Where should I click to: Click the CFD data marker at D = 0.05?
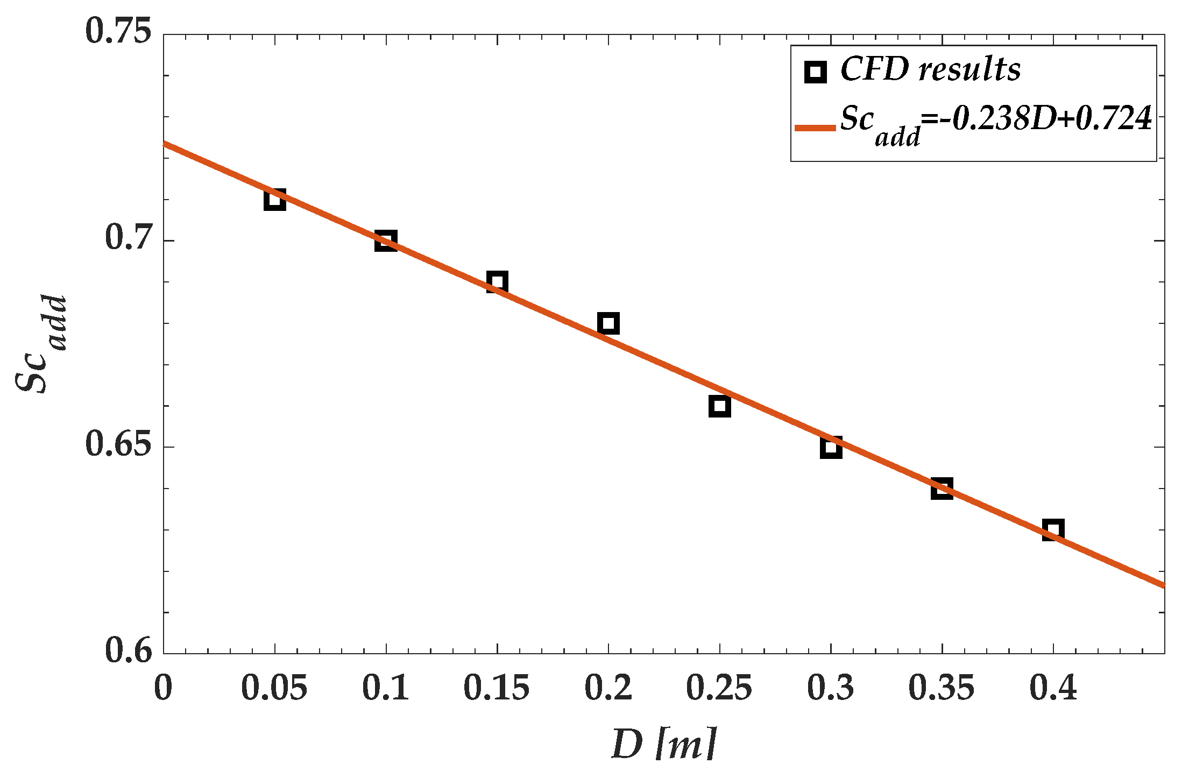click(x=274, y=200)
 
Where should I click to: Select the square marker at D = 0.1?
click(x=386, y=241)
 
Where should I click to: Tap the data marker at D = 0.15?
click(x=497, y=282)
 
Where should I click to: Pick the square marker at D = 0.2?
click(x=608, y=323)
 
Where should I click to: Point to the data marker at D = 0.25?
click(x=720, y=406)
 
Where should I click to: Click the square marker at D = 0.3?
click(x=831, y=447)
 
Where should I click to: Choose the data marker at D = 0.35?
click(x=942, y=489)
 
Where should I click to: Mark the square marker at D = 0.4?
click(x=1053, y=530)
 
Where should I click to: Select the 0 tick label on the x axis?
click(x=163, y=688)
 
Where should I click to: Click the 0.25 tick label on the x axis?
click(x=719, y=688)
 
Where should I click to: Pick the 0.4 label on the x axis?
click(x=1053, y=688)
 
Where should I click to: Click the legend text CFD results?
click(x=930, y=70)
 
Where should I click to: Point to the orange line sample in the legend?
click(x=815, y=128)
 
